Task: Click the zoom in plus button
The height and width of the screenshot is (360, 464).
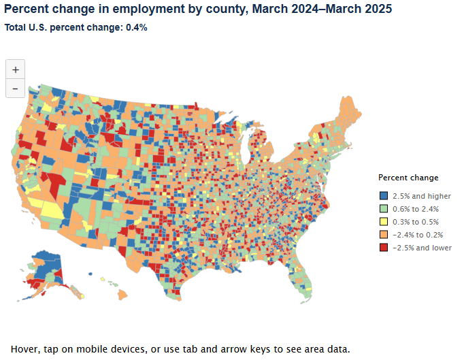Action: coord(16,69)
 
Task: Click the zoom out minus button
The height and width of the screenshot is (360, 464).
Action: coord(16,88)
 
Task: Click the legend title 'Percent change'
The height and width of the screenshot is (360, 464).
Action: coord(408,178)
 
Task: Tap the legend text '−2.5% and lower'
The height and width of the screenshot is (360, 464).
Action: coord(422,248)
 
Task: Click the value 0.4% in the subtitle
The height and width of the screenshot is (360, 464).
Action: coord(136,28)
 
